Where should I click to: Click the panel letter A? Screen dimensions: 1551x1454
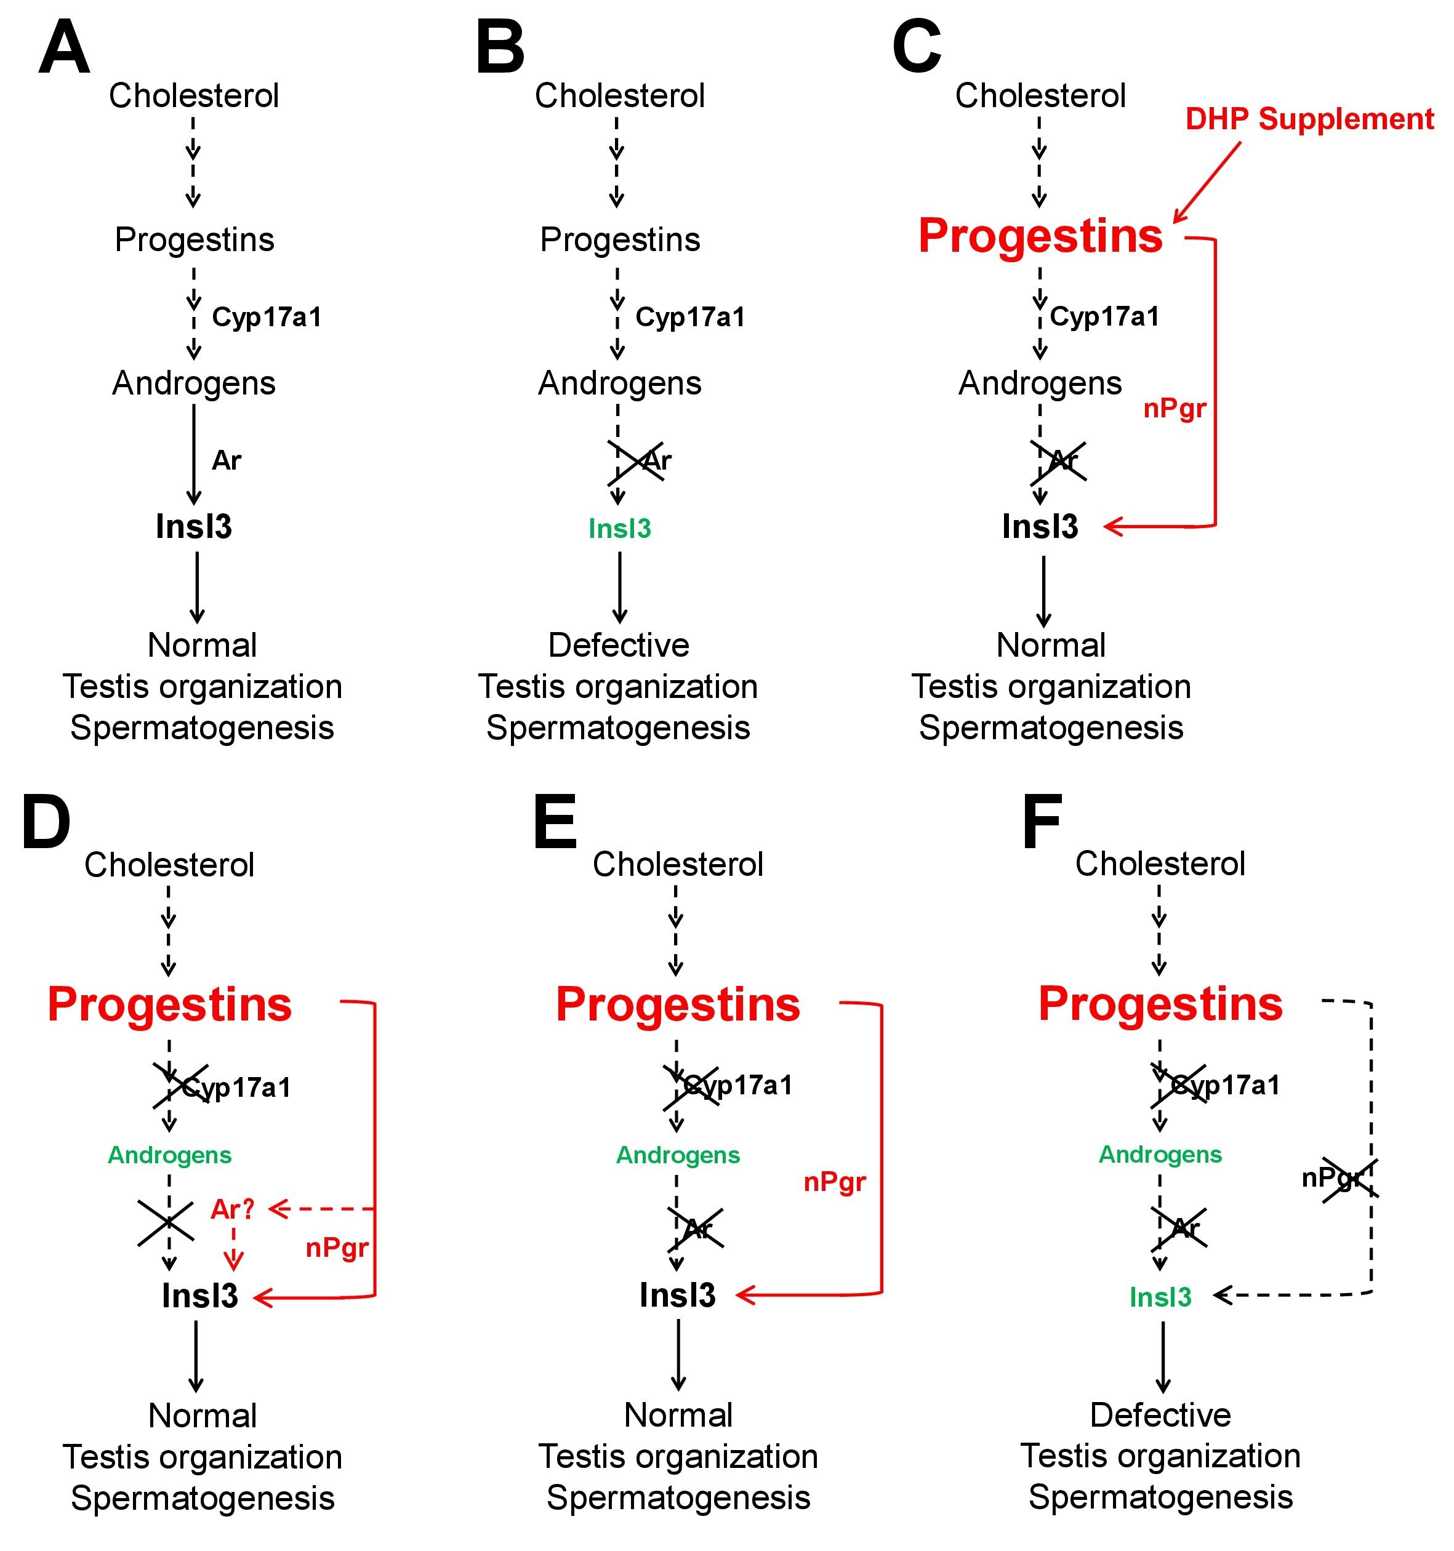[64, 49]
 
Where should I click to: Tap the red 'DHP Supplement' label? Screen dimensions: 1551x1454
[1309, 119]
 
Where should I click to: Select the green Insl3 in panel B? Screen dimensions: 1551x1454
[620, 529]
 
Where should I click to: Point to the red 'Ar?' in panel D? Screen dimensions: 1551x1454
[233, 1209]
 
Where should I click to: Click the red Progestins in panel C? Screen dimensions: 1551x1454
[1040, 236]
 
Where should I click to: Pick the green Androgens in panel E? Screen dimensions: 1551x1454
[677, 1155]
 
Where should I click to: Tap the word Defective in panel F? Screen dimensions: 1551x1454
[1160, 1414]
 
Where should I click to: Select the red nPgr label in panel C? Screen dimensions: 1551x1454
[1175, 408]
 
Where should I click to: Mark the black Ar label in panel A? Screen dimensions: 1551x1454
[227, 460]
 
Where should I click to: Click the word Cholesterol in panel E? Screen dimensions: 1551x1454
[677, 865]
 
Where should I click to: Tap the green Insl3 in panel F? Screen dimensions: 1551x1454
[1160, 1297]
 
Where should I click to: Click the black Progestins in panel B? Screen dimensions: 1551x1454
[620, 239]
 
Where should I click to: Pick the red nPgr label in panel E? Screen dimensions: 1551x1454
[834, 1182]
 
